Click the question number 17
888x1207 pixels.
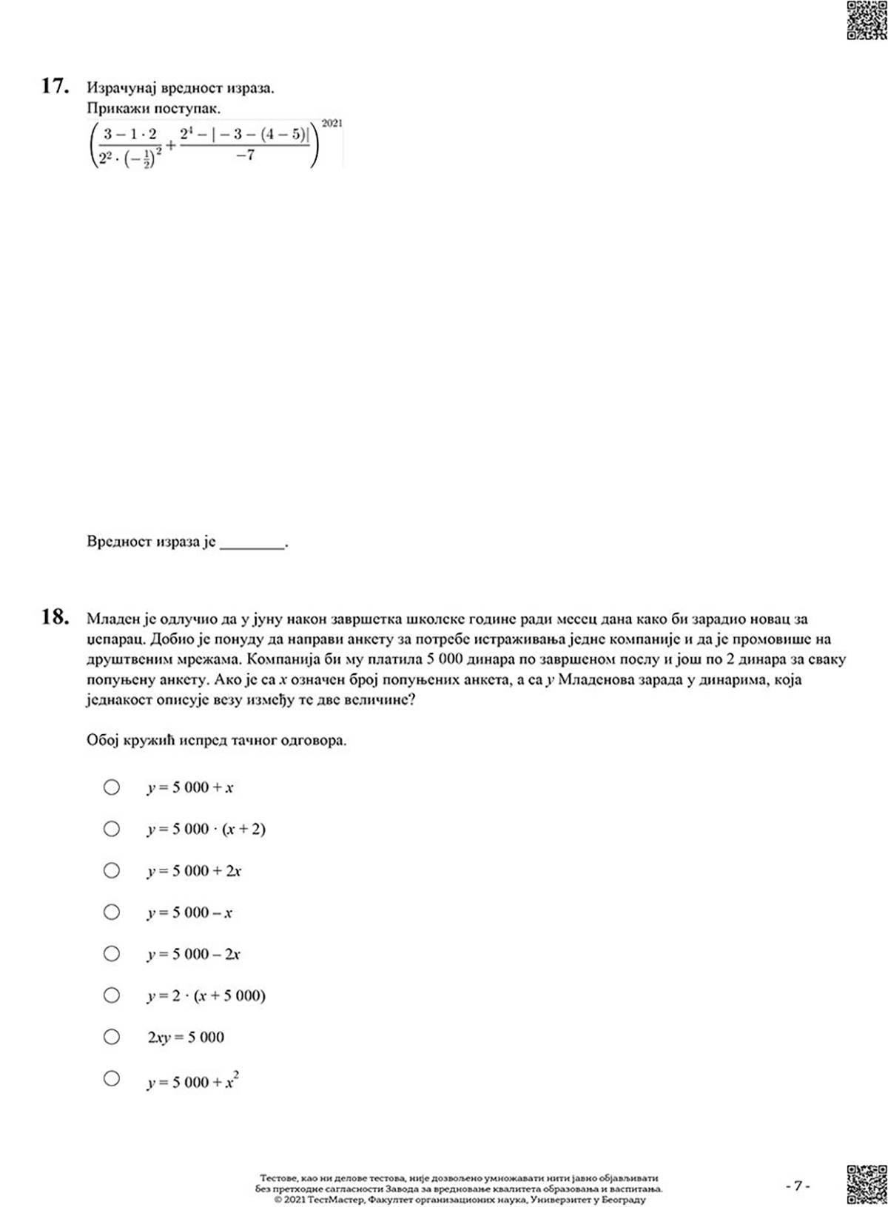coord(55,87)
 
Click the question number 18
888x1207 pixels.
coord(55,616)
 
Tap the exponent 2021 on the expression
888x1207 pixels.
coord(332,124)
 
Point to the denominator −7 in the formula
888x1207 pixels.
coord(245,156)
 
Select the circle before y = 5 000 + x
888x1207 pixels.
coord(112,787)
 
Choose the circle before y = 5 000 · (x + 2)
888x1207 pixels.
coord(112,828)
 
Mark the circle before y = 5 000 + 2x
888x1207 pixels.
coord(112,870)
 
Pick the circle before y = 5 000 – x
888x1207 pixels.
coord(112,912)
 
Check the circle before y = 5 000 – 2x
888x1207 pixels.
coord(112,953)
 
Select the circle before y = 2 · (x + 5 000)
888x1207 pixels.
coord(112,995)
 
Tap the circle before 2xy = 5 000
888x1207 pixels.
coord(112,1037)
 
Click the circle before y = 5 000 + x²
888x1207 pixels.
coord(112,1078)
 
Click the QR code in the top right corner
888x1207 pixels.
coord(866,20)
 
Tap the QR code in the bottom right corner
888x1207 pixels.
coord(866,1184)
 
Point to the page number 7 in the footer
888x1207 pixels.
coord(798,1186)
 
